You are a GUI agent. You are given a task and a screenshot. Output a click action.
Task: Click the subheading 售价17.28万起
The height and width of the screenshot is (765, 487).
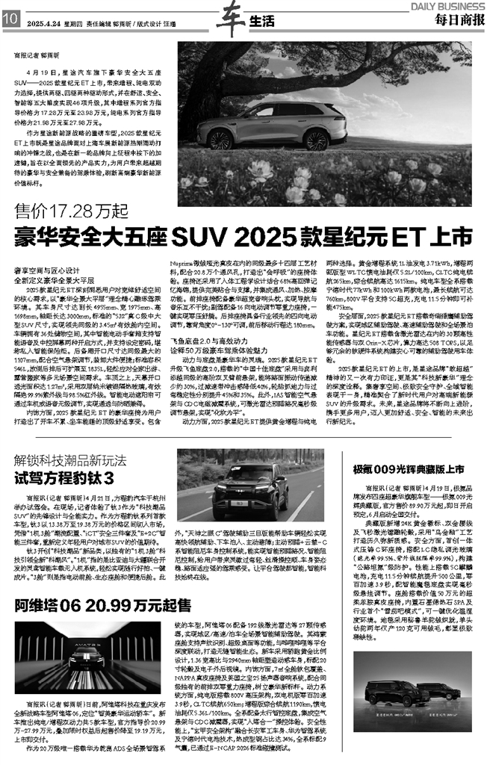click(59, 211)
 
